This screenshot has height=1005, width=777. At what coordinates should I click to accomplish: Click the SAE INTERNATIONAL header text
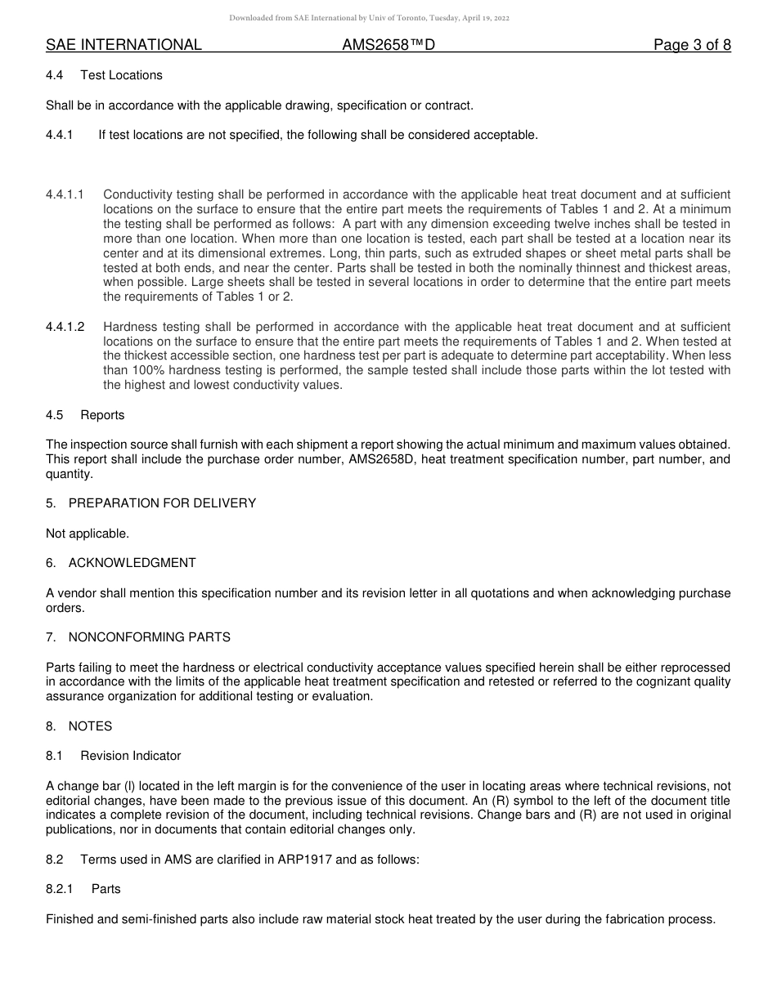click(x=124, y=45)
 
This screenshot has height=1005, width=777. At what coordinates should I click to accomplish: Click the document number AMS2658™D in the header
click(x=388, y=45)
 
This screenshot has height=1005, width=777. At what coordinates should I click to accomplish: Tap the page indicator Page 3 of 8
click(x=692, y=45)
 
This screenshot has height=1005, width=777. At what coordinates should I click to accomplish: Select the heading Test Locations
click(x=121, y=75)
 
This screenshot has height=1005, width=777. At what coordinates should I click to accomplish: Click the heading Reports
click(x=102, y=415)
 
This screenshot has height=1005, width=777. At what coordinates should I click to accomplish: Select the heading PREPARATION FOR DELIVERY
click(x=162, y=503)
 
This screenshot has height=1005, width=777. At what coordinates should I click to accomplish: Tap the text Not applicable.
click(x=88, y=534)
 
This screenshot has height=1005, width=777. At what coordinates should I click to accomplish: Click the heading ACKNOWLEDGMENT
click(x=132, y=563)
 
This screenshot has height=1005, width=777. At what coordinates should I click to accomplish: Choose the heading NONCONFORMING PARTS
click(x=149, y=636)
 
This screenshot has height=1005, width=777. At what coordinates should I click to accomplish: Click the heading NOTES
click(x=90, y=726)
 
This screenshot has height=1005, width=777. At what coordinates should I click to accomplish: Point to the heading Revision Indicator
click(x=131, y=756)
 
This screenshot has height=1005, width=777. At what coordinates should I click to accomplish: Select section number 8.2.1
click(x=60, y=889)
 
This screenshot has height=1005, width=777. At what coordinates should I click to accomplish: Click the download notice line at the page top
click(x=370, y=18)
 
